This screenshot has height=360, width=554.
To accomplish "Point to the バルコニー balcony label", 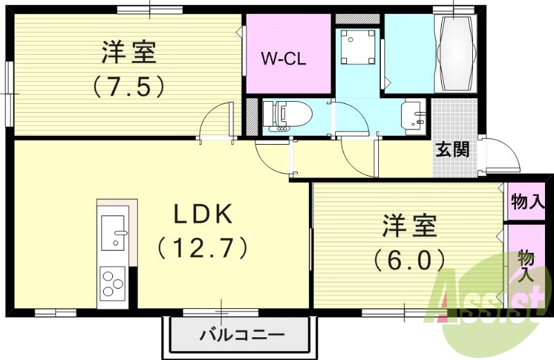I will (242, 336).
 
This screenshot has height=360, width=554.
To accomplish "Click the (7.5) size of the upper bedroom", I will (129, 86).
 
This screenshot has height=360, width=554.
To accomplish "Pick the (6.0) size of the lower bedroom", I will (409, 260).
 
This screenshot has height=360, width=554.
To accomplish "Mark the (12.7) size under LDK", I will (202, 246).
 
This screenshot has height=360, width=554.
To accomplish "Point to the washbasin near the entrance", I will (414, 115).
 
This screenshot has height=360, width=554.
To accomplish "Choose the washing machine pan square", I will (357, 46).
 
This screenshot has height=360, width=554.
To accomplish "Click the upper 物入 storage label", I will (527, 202).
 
